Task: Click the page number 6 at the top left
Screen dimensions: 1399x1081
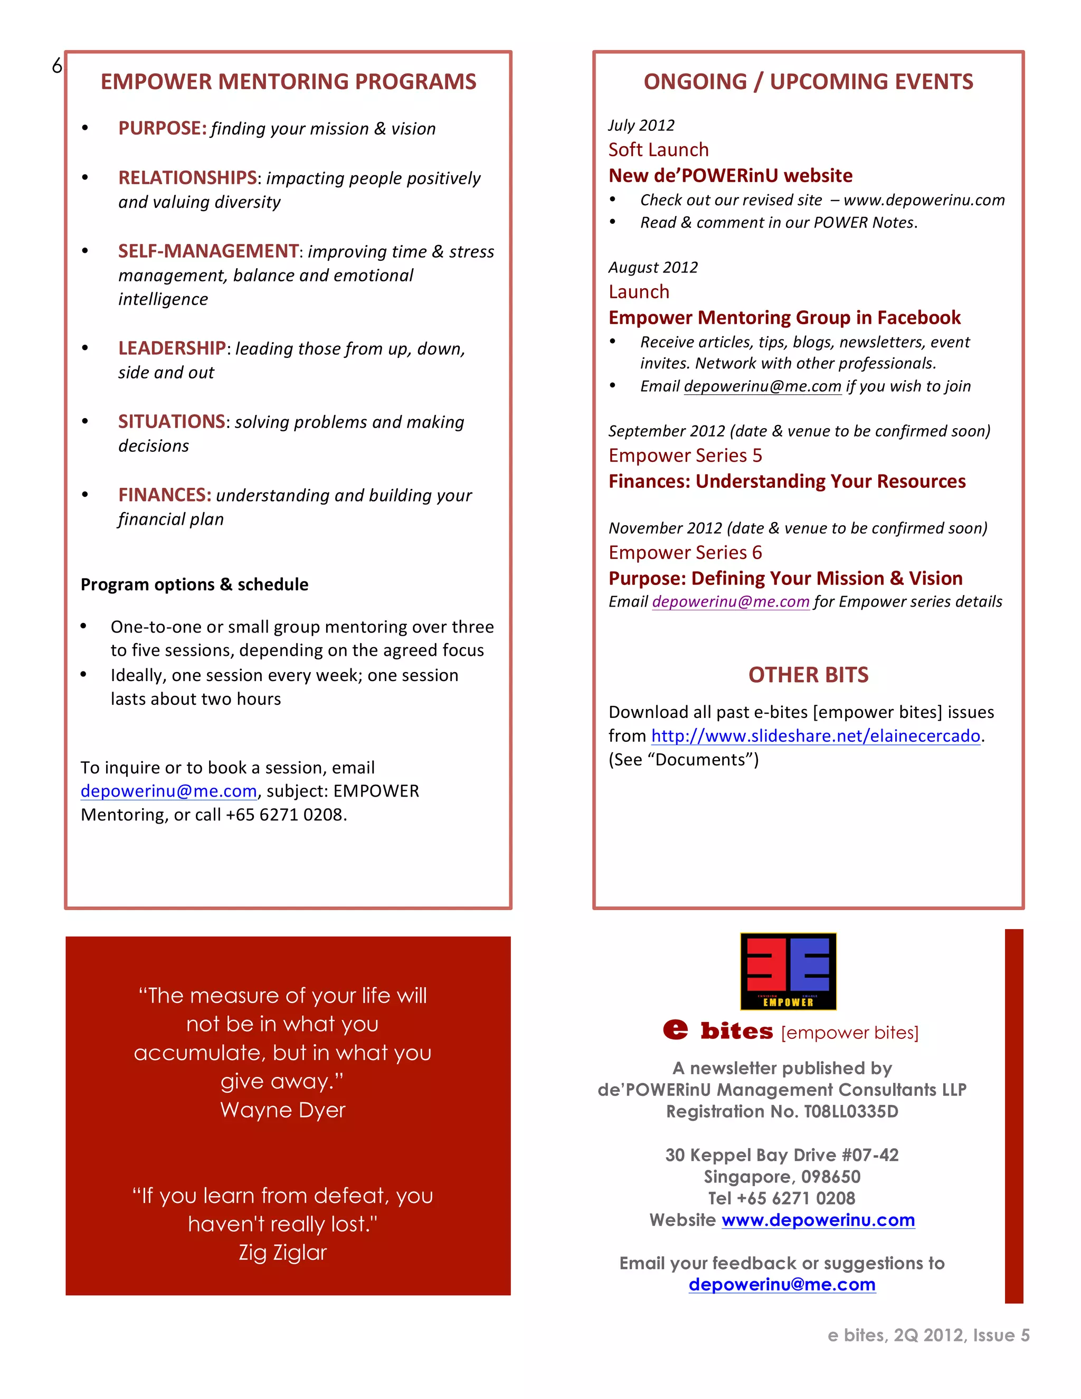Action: coord(57,66)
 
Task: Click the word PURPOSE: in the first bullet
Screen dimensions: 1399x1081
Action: coord(162,128)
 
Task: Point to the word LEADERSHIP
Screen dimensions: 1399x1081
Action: coord(172,348)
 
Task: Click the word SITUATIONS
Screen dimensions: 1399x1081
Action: coord(172,421)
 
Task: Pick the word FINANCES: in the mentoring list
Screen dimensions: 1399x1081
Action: coord(165,495)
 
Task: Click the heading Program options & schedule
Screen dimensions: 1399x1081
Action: coord(195,585)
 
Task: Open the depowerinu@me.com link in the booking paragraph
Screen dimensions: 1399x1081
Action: coord(168,792)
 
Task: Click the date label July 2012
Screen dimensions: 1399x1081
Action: coord(641,126)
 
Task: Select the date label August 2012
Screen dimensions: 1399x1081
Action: coord(652,268)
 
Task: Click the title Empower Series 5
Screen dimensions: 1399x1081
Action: coord(685,456)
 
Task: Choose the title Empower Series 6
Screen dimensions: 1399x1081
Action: coord(685,553)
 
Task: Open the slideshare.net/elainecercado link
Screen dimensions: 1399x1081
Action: coord(815,736)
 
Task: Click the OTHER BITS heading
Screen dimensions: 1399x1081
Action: coord(808,675)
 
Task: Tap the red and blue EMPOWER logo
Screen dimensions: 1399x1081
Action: coord(788,971)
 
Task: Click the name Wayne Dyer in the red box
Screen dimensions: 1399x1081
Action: coord(282,1110)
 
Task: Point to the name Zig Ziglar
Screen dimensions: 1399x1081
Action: coord(282,1253)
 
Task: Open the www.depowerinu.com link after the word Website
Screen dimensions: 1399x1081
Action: coord(818,1220)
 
